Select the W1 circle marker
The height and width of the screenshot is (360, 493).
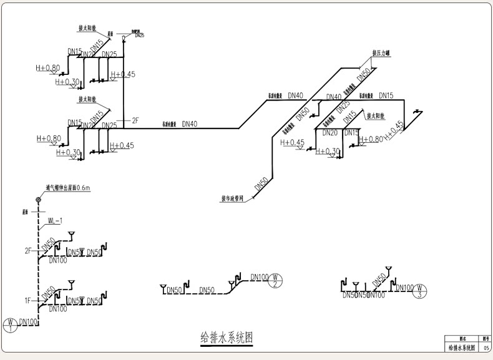(11, 324)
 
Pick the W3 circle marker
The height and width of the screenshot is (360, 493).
(422, 290)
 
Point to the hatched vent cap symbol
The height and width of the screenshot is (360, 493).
(39, 200)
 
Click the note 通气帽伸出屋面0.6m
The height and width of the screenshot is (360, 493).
(68, 187)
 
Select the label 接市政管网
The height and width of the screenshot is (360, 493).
(234, 200)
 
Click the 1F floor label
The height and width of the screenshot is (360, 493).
(28, 301)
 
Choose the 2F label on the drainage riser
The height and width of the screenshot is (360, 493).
(28, 251)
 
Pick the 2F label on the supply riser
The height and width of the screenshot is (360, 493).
(136, 119)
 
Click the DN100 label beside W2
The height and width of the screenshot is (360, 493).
(259, 277)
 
